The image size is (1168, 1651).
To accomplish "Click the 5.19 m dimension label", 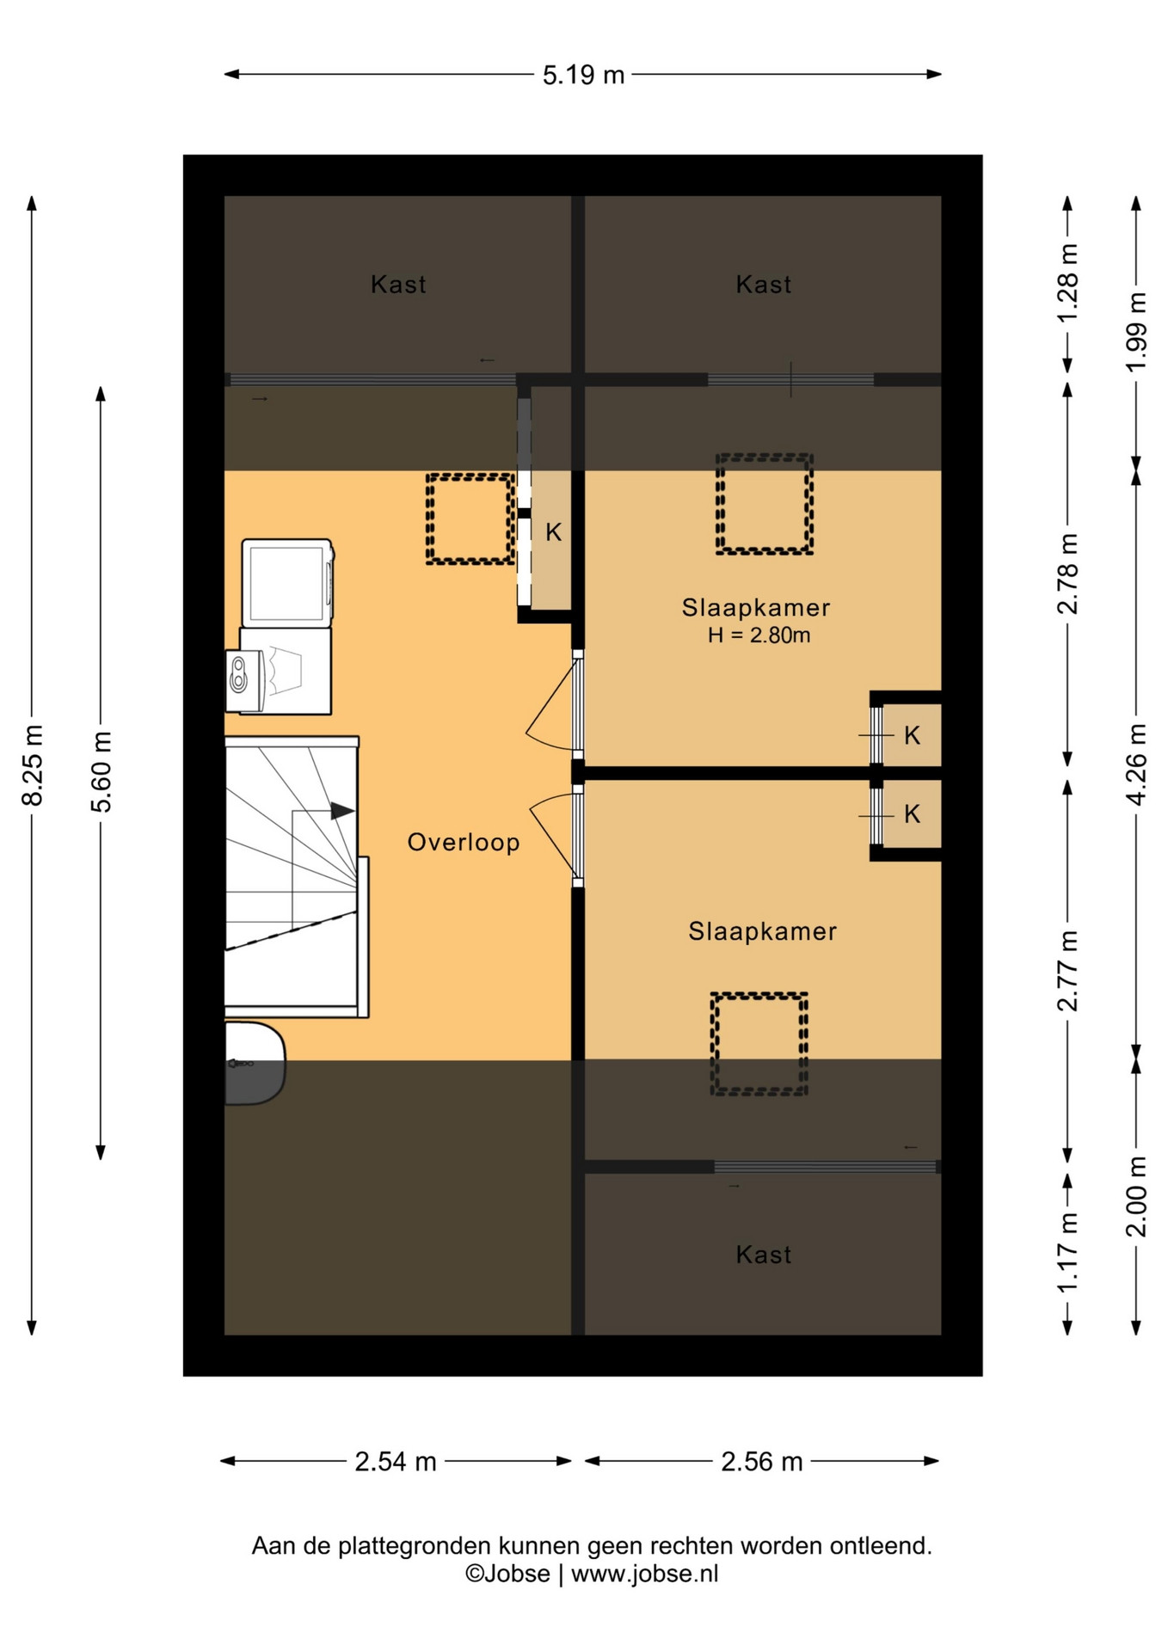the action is [583, 76].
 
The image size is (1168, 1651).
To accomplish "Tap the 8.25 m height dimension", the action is [33, 765].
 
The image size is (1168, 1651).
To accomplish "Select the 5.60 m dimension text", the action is [101, 771].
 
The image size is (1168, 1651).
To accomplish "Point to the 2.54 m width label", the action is [396, 1461].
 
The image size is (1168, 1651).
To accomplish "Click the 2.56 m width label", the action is [762, 1461].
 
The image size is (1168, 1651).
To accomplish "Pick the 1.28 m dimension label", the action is [1067, 283].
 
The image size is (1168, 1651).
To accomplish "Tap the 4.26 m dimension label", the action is [1136, 764].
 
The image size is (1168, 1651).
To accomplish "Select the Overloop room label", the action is [464, 842].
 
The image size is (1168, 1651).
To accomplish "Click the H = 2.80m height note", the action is [759, 635].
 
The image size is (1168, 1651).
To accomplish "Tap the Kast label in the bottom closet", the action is [764, 1255].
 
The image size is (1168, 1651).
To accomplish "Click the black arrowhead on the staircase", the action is [343, 811].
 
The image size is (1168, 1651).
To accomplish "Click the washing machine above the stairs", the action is [287, 583].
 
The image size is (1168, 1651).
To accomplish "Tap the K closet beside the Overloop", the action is [553, 540].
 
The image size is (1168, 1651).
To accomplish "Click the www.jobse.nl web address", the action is [644, 1574].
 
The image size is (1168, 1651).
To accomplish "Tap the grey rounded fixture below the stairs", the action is [255, 1063].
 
